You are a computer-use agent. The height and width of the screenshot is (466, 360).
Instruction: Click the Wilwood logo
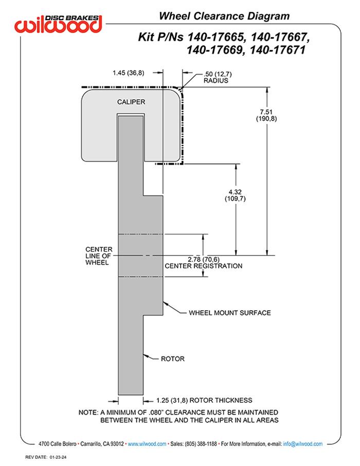point(59,23)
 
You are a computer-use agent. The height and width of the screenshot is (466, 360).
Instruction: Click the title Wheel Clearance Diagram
point(224,16)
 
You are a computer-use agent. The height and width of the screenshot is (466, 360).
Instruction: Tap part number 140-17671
point(279,50)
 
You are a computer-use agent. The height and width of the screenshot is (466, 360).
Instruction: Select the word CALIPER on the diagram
point(131,102)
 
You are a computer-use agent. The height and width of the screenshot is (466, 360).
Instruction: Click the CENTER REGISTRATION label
point(203,266)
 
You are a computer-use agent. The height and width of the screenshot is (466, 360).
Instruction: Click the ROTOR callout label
point(172,359)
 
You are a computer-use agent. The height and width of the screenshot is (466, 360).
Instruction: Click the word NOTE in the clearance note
point(88,413)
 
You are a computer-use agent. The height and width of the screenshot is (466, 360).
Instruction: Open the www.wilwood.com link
point(147,444)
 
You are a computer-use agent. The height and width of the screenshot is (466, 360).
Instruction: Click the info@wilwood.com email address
point(302,444)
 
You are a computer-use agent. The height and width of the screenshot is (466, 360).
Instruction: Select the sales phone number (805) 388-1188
point(201,444)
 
